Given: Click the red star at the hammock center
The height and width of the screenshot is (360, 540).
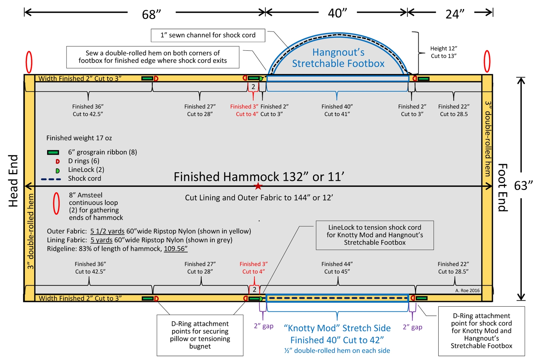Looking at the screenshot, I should tap(258, 186).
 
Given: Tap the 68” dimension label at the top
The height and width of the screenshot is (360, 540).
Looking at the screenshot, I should tap(151, 14).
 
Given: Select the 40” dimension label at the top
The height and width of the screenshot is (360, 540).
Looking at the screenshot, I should tap(337, 13).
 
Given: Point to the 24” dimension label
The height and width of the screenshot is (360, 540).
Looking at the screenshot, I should tap(455, 14).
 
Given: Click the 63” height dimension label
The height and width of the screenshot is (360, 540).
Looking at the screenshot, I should tap(523, 185).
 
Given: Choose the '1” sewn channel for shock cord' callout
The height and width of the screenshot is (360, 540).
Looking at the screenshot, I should tap(208, 35).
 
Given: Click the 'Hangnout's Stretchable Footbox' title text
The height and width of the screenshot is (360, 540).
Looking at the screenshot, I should tap(338, 58).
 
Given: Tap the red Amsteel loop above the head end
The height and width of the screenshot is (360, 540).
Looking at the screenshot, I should tap(29, 62).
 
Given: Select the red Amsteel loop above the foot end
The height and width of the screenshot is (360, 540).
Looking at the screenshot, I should tap(487, 61).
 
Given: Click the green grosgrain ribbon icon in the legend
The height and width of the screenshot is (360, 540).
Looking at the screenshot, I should tap(53, 152).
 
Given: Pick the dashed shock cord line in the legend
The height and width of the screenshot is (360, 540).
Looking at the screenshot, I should tap(51, 179).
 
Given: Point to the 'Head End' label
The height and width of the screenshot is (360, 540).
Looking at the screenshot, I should tap(13, 181).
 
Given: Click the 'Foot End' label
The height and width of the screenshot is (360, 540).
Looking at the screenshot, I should tap(502, 187).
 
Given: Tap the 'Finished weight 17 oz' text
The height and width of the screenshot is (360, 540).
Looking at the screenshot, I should tap(79, 138).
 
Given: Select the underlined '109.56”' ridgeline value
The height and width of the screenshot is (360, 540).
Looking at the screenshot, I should tap(176, 249).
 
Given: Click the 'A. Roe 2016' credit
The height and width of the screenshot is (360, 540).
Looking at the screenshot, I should tap(467, 291).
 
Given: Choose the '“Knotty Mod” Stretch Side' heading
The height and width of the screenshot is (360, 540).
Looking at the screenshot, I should tap(337, 328).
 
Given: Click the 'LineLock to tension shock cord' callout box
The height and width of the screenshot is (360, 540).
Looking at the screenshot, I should tap(375, 235).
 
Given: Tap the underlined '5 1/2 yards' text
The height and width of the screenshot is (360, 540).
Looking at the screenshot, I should tap(107, 231).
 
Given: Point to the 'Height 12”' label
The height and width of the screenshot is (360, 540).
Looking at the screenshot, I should tap(443, 49).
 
